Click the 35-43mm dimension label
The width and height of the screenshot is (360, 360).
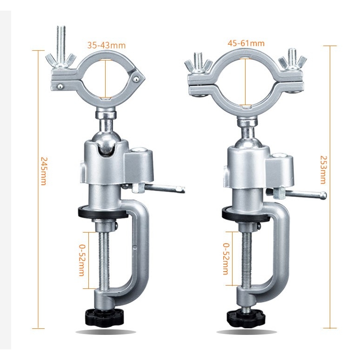[x=107, y=46]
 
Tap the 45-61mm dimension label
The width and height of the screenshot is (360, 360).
[x=246, y=43]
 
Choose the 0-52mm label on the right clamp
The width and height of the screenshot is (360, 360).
[x=226, y=259]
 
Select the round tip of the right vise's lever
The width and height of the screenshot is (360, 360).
[x=323, y=194]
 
